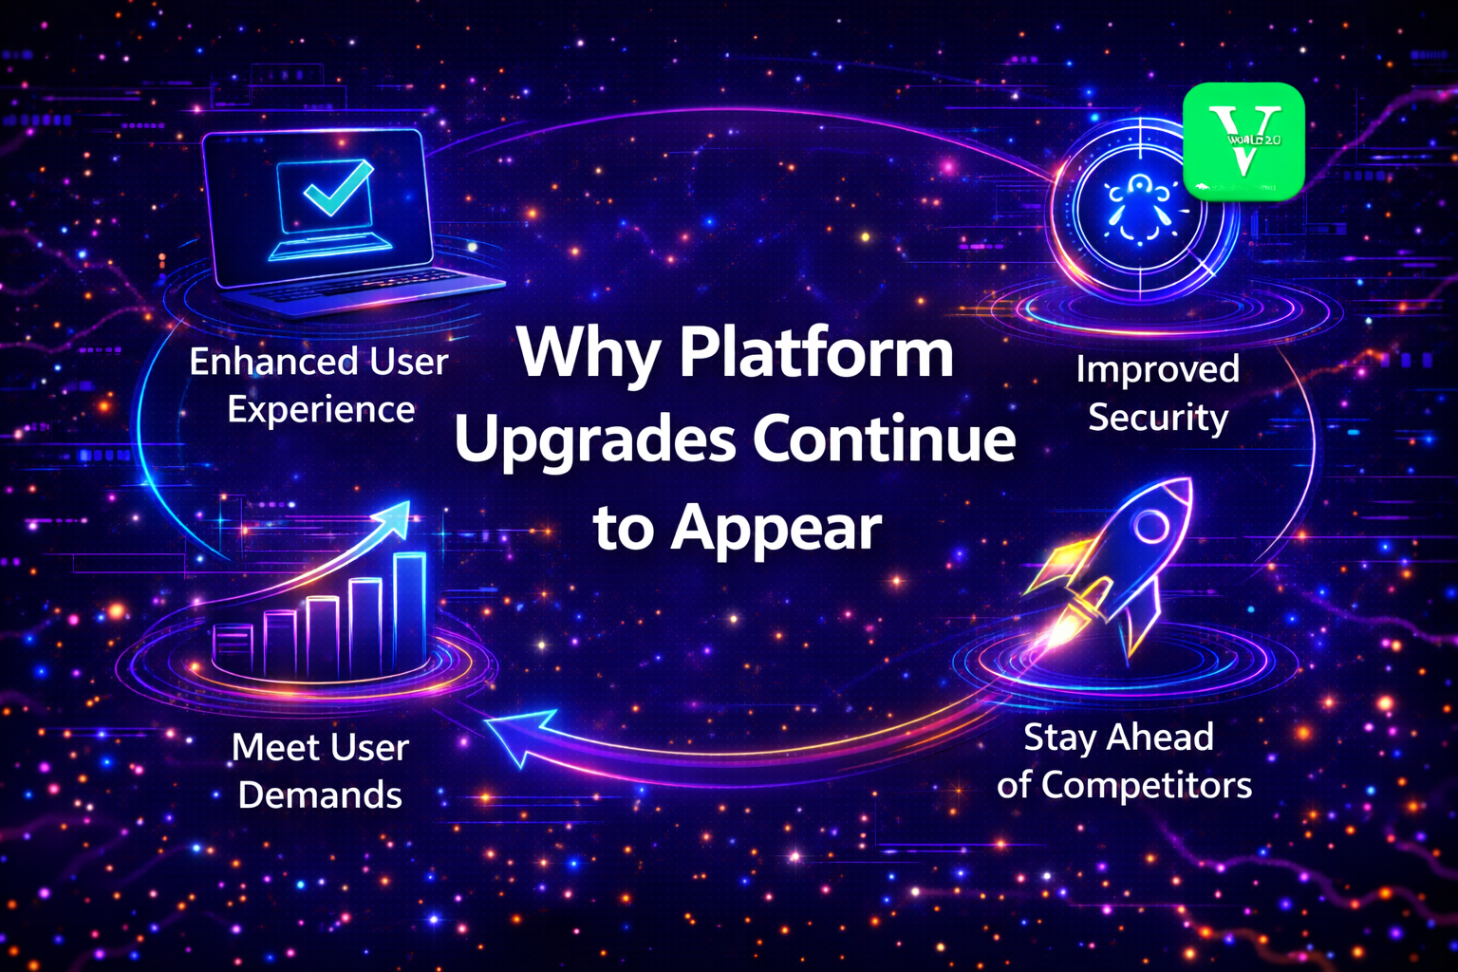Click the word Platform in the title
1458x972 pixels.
click(x=816, y=355)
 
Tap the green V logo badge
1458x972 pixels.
click(x=1243, y=141)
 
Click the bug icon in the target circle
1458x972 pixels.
click(x=1137, y=210)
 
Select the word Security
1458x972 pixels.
click(x=1158, y=418)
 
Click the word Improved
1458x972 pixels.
click(x=1158, y=369)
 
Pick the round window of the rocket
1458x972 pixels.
click(x=1151, y=525)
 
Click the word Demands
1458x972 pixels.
click(x=320, y=795)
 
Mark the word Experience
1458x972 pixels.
click(x=321, y=410)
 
